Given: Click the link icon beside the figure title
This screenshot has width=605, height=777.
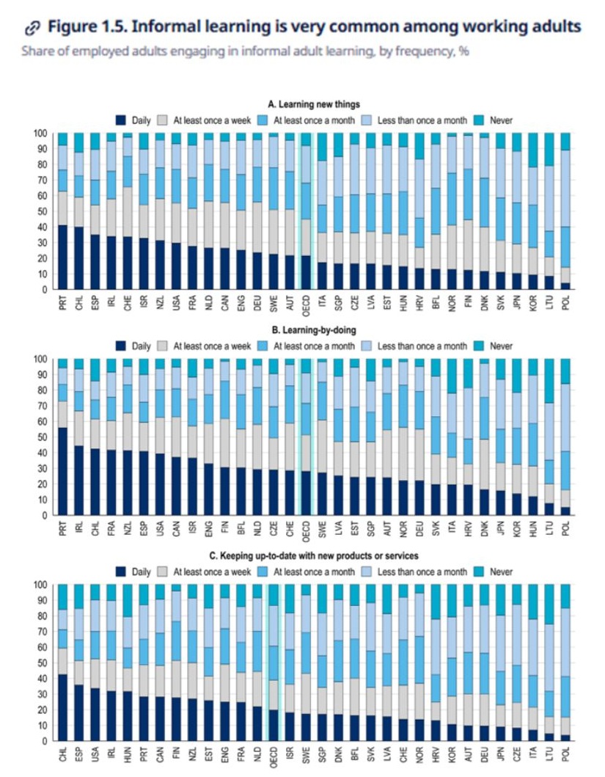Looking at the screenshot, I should click(32, 28).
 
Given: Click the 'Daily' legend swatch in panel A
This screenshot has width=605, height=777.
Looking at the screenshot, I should click(121, 119).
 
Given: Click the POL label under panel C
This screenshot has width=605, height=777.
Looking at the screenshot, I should click(565, 755).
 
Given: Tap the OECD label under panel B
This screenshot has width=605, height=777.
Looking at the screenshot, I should click(306, 530).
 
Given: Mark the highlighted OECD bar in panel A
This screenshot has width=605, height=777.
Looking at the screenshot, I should click(306, 213).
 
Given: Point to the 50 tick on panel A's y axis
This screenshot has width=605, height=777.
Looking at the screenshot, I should click(42, 211).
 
